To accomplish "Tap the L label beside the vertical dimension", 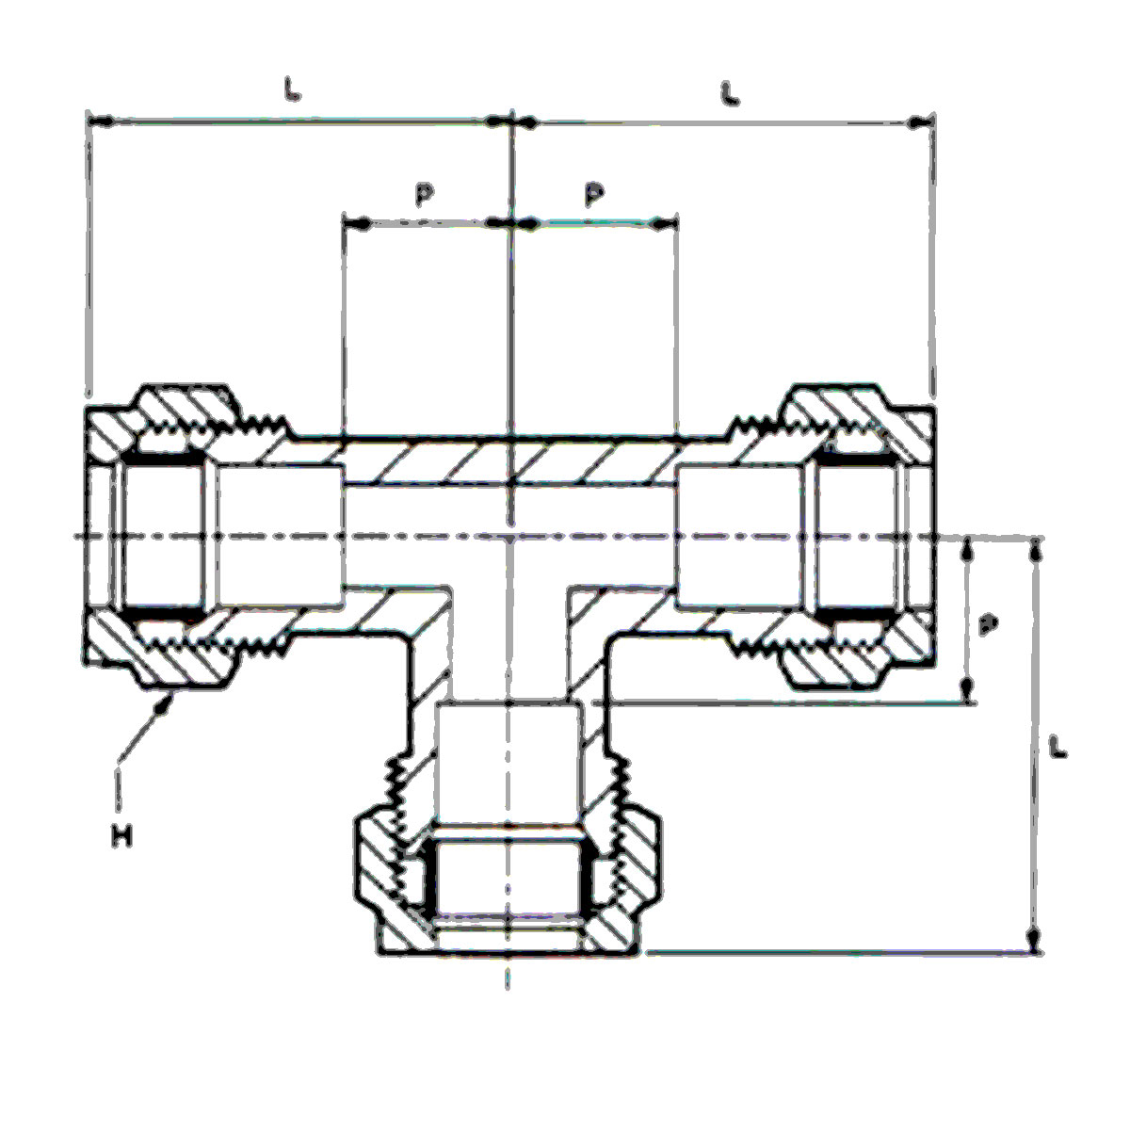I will pos(1058,749).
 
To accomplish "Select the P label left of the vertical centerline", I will pos(425,193).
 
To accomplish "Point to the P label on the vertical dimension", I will pos(985,624).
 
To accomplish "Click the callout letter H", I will pos(121,833).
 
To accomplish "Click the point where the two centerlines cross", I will pos(508,537).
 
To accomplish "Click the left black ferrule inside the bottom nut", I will pos(429,881).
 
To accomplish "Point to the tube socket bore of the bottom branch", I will pos(508,763).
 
